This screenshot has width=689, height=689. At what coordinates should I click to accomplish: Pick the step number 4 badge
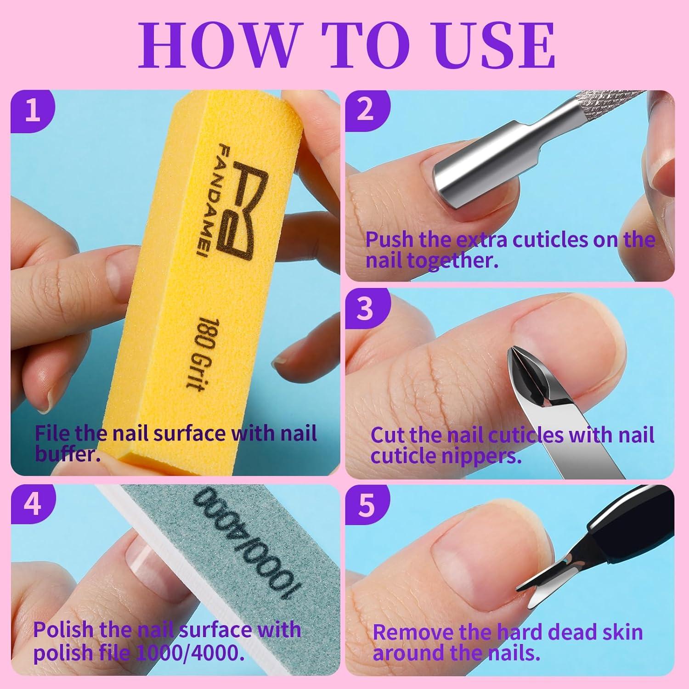(33, 505)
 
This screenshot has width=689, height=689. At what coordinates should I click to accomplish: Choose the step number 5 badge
(366, 505)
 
